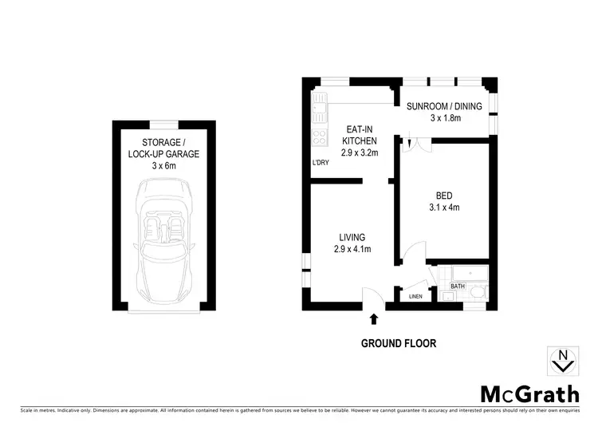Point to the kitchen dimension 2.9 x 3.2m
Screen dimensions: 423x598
[356, 152]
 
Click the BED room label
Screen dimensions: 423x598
[445, 196]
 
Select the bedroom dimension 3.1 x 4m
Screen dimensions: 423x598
[445, 208]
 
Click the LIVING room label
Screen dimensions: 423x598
[351, 237]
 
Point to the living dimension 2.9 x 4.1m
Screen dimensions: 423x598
[351, 250]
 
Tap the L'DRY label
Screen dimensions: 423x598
[321, 164]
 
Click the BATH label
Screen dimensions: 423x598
[458, 286]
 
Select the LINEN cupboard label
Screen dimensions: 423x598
[415, 297]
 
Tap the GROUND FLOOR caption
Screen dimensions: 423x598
[399, 344]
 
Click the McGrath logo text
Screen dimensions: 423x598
[529, 394]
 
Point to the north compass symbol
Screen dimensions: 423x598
[563, 361]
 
